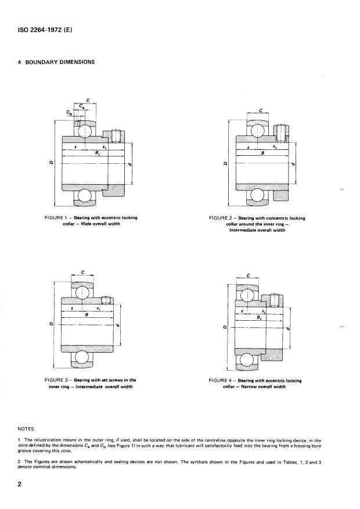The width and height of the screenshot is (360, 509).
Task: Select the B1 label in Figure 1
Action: tap(89, 152)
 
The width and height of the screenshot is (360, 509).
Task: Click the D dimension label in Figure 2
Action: tap(225, 164)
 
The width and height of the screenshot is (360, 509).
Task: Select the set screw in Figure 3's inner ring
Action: tap(106, 300)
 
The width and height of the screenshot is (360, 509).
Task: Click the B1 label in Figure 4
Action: tap(258, 317)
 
